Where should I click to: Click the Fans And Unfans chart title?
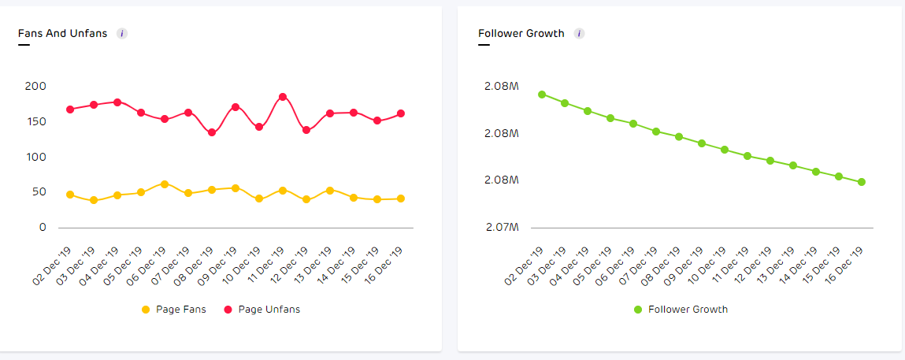(62, 34)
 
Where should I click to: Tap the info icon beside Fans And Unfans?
(122, 34)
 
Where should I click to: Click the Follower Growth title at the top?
(521, 34)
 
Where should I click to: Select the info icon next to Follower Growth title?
(579, 34)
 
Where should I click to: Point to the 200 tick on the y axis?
(35, 86)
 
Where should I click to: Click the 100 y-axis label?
(35, 157)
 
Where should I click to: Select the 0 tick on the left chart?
(43, 228)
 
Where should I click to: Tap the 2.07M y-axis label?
(502, 228)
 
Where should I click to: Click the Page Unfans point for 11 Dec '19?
(283, 97)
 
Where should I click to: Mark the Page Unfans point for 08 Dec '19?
(212, 132)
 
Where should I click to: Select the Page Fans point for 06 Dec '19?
(165, 184)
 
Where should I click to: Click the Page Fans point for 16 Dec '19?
(401, 199)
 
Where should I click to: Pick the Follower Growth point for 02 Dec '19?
(542, 95)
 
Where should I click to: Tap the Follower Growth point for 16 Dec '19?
(862, 182)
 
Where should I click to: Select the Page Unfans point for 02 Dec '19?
(70, 109)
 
